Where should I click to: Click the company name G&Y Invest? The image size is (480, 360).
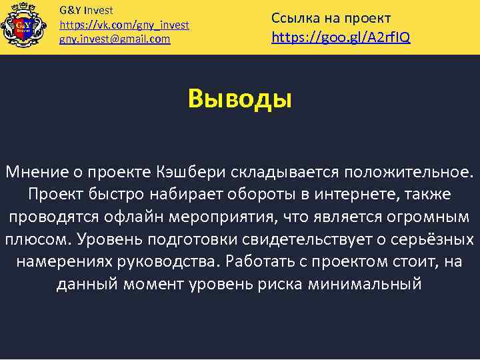[x=87, y=11]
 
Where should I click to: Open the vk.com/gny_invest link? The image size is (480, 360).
[x=125, y=25]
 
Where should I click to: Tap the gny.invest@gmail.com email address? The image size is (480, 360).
[x=115, y=39]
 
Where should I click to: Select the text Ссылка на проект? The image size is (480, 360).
[x=331, y=18]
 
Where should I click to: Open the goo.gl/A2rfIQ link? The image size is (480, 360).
[x=341, y=37]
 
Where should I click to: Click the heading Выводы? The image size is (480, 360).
[x=240, y=99]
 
